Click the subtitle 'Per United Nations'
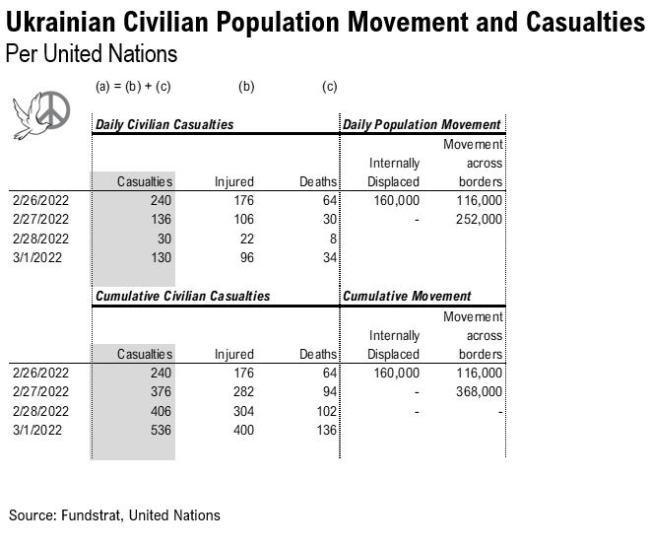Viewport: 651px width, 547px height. tap(91, 53)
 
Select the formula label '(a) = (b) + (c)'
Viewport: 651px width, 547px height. tap(133, 87)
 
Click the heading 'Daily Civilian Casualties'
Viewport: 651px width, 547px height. tap(164, 125)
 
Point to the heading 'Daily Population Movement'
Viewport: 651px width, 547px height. tap(422, 125)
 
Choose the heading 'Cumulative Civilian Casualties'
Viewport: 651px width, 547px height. tap(182, 296)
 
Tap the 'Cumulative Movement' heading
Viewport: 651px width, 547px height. tap(407, 296)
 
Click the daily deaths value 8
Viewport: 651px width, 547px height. tap(331, 238)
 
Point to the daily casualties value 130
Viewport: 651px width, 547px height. tap(160, 256)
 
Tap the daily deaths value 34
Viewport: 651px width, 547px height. tap(328, 256)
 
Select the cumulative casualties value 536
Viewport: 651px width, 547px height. tap(160, 429)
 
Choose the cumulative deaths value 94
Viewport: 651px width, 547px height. tap(328, 391)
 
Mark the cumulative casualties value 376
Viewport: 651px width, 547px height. tap(160, 391)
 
